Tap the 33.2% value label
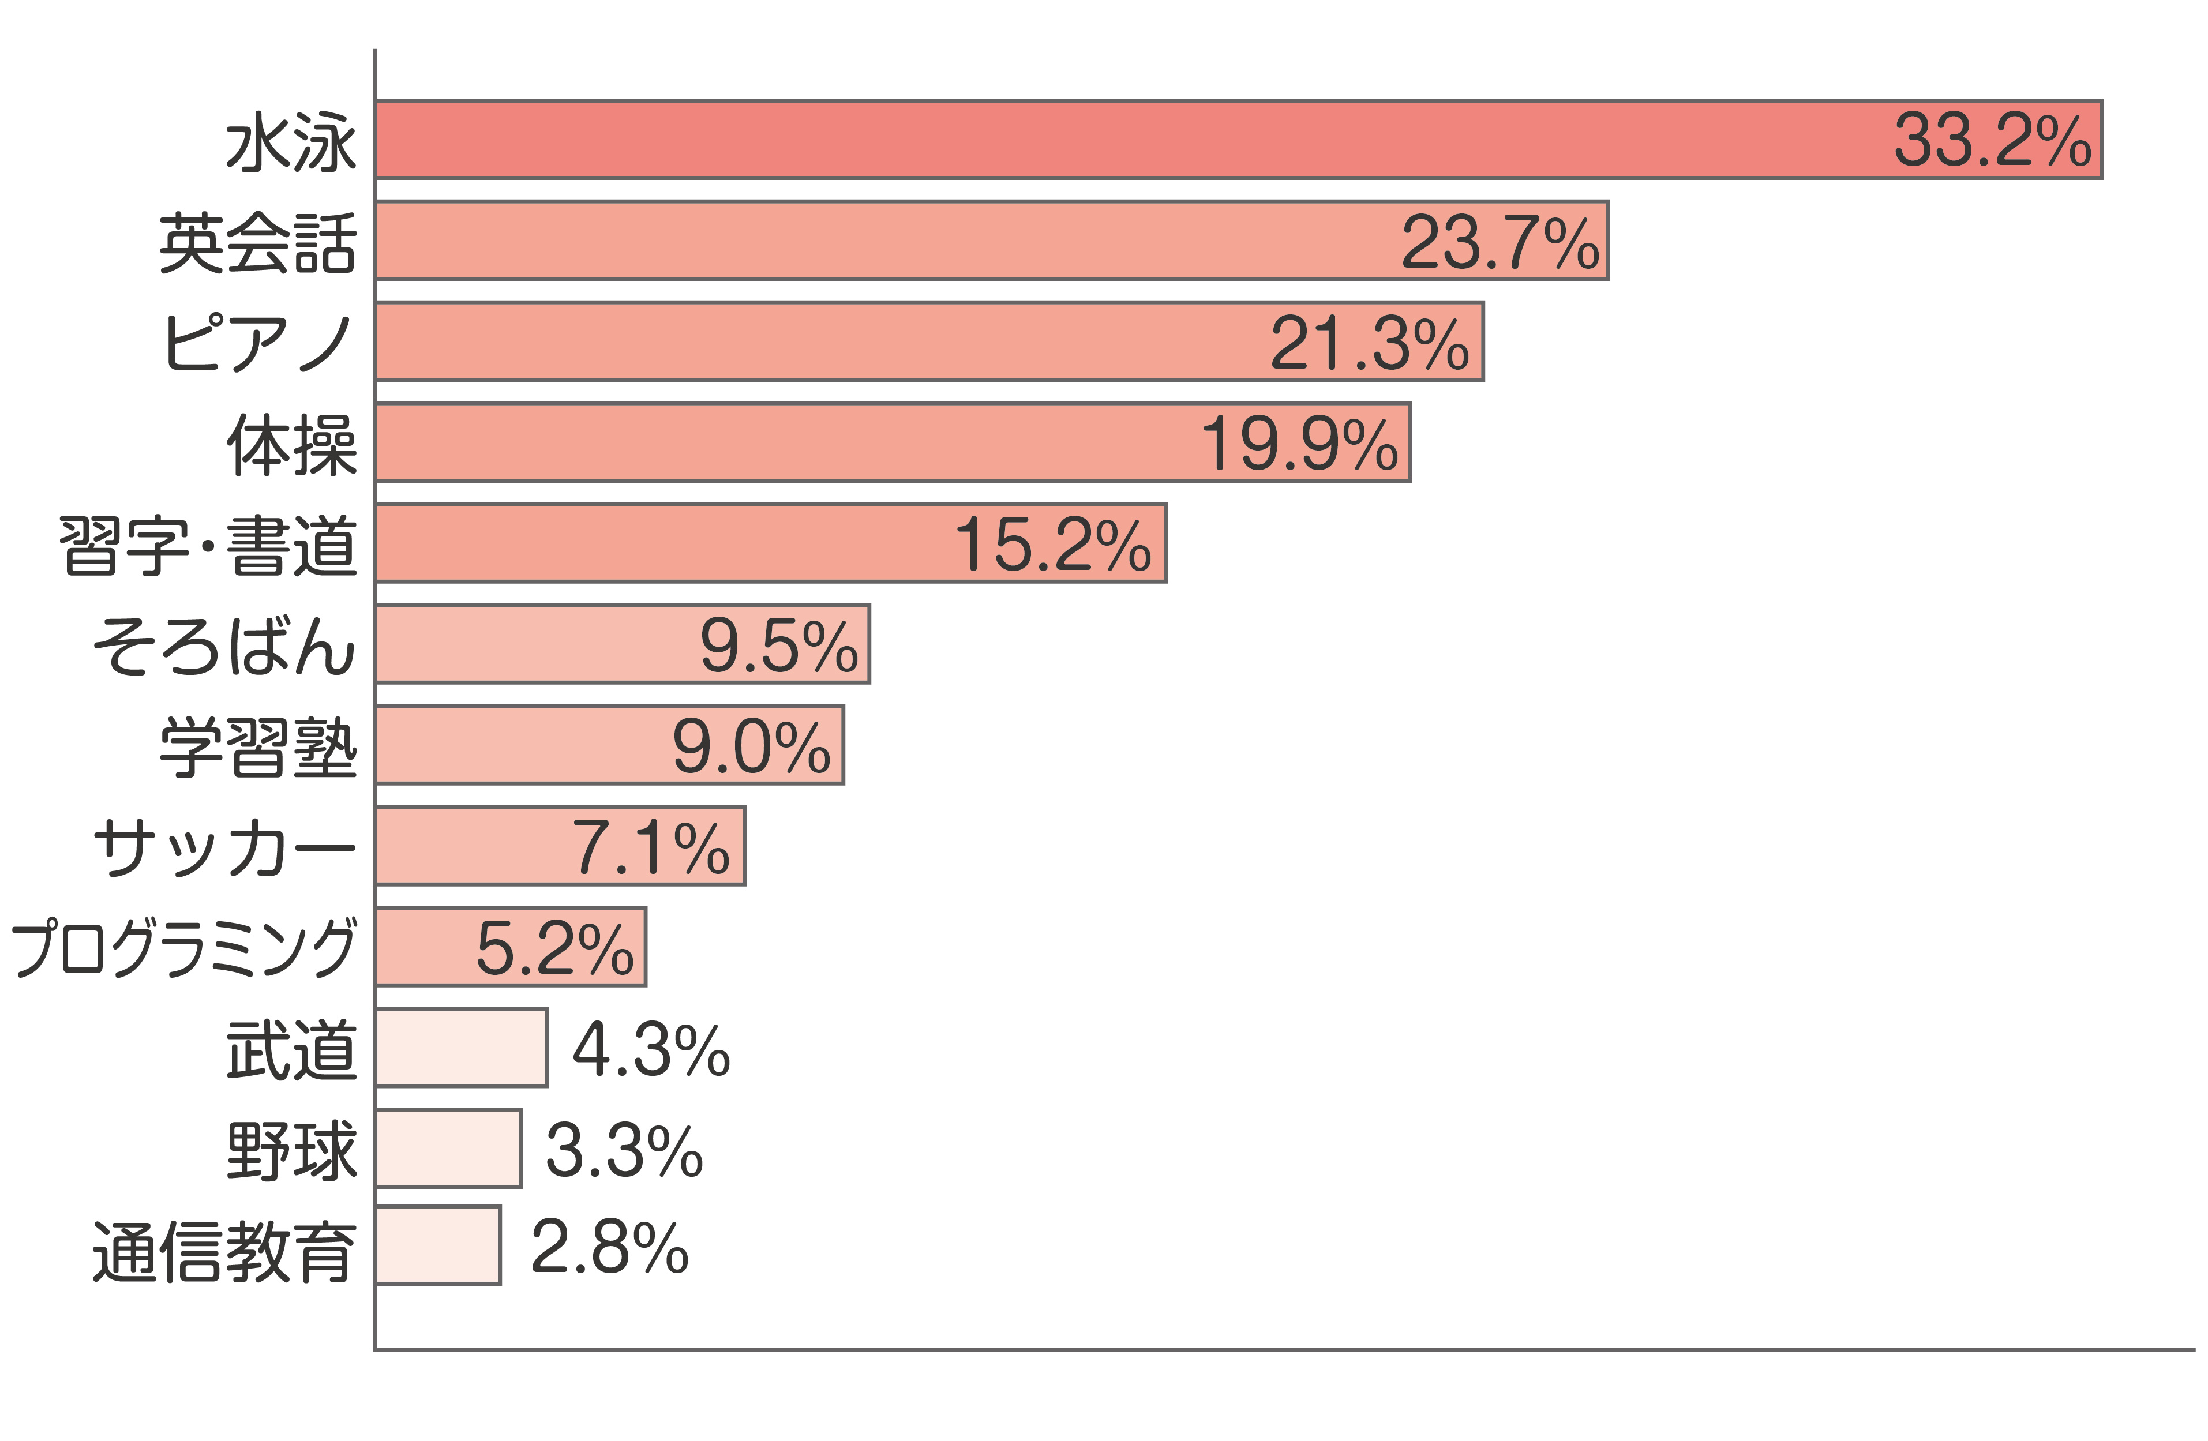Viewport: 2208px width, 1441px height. pos(1993,141)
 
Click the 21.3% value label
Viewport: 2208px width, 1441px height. pos(1369,343)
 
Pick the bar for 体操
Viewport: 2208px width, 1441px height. pos(893,442)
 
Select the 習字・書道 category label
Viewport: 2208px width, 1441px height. pos(208,546)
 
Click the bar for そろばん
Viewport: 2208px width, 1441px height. pos(623,644)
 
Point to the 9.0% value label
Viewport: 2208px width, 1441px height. pos(751,747)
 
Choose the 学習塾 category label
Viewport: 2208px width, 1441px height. pos(258,747)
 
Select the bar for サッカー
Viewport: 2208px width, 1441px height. pos(560,846)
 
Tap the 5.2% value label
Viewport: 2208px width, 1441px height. pos(555,949)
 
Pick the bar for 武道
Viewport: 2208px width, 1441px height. pos(461,1048)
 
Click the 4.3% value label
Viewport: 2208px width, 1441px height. pos(651,1050)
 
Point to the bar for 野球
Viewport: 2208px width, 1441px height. pos(448,1149)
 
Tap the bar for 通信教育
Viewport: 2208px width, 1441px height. pos(438,1246)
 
